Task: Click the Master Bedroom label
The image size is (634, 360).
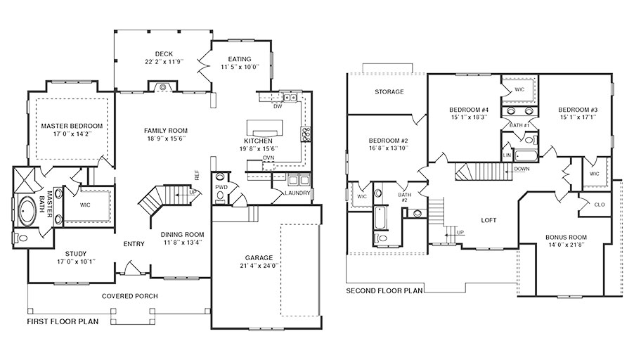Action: [72, 126]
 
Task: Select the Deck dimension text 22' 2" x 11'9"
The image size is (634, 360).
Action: [164, 61]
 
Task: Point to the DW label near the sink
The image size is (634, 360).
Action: [278, 106]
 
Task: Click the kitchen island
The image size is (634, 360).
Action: [263, 128]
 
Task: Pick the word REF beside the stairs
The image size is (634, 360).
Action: [197, 175]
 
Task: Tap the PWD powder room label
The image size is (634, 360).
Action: [221, 187]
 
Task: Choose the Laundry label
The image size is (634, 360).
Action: [297, 193]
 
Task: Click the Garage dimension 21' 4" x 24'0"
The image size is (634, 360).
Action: [259, 266]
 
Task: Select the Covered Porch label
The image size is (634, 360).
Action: [130, 296]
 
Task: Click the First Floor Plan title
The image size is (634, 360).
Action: [63, 321]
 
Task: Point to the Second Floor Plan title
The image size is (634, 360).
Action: [384, 290]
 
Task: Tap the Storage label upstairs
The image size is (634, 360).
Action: [389, 92]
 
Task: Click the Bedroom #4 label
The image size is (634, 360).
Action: [469, 110]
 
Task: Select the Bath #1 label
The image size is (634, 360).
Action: [519, 125]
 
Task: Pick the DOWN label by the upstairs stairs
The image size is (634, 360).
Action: [522, 169]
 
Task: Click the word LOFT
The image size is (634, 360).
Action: [489, 220]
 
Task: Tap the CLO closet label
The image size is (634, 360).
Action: [600, 205]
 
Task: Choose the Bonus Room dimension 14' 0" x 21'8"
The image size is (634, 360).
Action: [566, 245]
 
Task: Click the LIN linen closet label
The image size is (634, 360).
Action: [507, 155]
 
